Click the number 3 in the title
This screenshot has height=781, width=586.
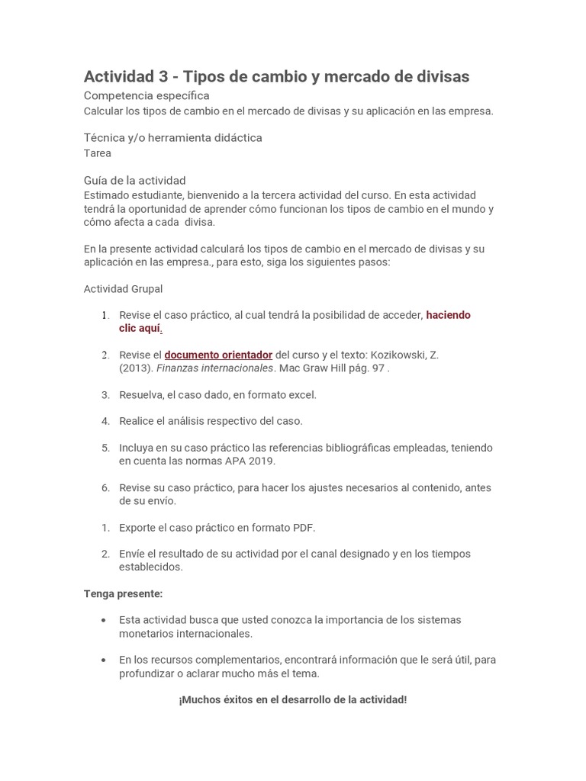click(x=163, y=76)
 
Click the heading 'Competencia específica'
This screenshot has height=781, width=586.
click(x=146, y=95)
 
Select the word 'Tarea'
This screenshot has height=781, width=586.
click(x=98, y=153)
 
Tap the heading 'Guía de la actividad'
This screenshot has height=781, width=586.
click(x=134, y=181)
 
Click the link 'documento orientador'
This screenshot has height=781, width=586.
click(x=218, y=355)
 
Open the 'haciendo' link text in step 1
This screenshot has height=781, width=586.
click(x=448, y=315)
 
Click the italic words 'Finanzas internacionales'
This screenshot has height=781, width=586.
click(x=215, y=368)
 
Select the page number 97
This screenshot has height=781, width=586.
click(x=378, y=368)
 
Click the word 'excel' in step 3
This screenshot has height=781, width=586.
click(x=301, y=395)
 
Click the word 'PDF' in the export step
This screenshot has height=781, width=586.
click(x=302, y=528)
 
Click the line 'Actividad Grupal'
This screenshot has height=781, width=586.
click(x=123, y=289)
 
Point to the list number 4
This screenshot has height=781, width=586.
click(x=106, y=421)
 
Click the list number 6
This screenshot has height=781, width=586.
click(x=106, y=488)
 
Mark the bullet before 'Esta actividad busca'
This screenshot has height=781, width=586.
click(x=104, y=620)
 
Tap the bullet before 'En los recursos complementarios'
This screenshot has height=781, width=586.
click(x=104, y=660)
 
